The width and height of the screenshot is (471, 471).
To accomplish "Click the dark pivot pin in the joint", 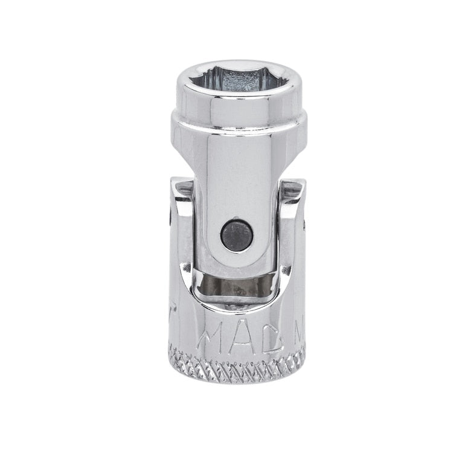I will pyautogui.click(x=235, y=234).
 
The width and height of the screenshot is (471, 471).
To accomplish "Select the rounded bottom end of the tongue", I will pyautogui.click(x=235, y=266).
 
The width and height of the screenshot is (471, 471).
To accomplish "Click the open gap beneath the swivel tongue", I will pyautogui.click(x=237, y=287).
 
